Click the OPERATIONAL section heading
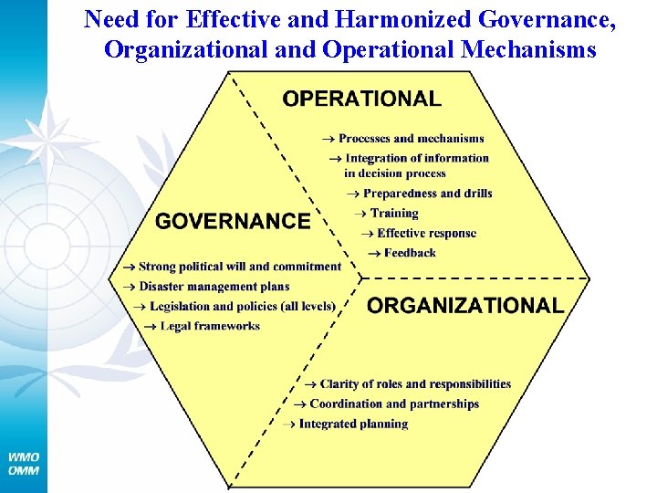coord(361,99)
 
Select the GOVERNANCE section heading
coord(233,221)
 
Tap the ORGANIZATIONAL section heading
coord(465,306)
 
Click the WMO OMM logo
coord(24,463)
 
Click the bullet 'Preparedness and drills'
coord(427,194)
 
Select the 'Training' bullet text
coord(394,214)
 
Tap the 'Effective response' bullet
coord(426,234)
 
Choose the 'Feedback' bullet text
coord(410,253)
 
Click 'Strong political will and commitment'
coord(240,267)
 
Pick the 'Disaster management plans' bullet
coord(214,287)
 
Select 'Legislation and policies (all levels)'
coord(242,306)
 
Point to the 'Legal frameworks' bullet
coord(210,326)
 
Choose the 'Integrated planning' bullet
coord(353,424)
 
